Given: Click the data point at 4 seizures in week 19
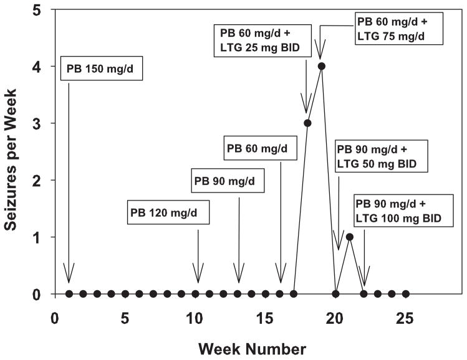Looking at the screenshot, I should [x=322, y=66].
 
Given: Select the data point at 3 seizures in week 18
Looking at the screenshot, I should [x=307, y=123].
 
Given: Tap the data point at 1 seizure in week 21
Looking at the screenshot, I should [x=350, y=237].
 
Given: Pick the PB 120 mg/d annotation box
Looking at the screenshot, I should [x=168, y=212].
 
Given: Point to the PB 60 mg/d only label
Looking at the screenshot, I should [x=261, y=148].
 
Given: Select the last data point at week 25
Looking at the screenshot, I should [x=406, y=294].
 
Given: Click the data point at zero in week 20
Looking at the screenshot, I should [x=335, y=294].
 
